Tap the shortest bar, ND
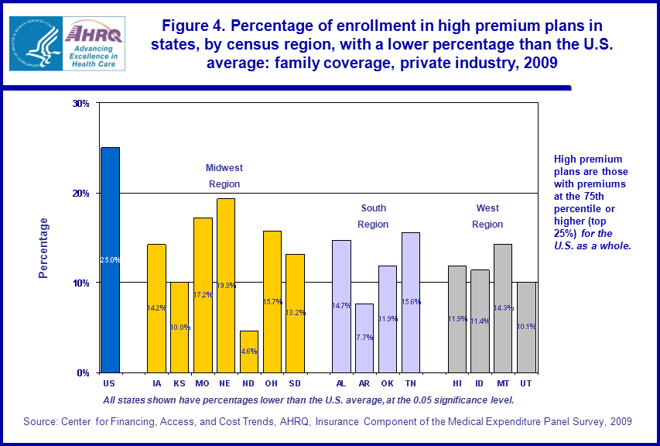249,352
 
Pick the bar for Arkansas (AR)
364,338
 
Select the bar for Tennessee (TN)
411,302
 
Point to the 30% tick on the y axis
84,103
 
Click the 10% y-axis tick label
84,283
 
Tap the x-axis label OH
272,383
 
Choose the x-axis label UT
526,383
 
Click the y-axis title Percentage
44,248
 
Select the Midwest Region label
224,176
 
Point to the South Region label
373,216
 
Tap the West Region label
487,216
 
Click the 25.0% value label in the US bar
111,260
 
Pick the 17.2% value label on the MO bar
203,295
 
